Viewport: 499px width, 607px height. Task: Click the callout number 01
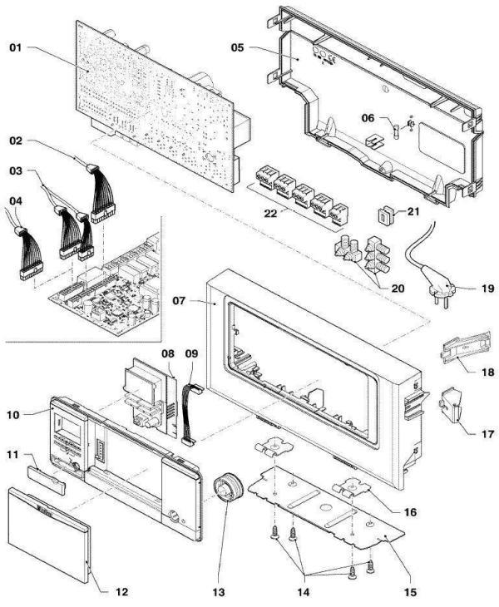pyautogui.click(x=16, y=49)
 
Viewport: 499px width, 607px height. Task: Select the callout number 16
pyautogui.click(x=408, y=511)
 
